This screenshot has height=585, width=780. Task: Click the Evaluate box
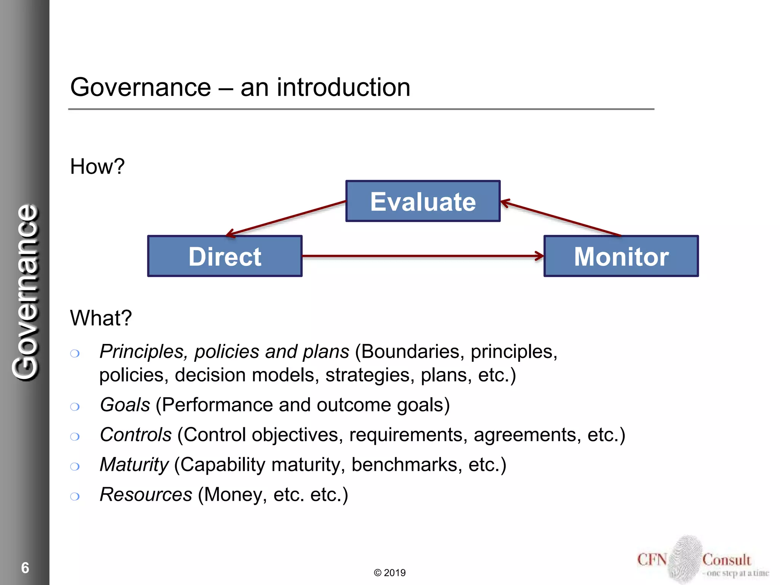[x=423, y=201]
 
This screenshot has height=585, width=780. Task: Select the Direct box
[x=225, y=256]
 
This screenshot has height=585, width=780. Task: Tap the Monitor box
[x=621, y=256]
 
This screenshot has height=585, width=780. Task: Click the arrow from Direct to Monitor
[x=423, y=256]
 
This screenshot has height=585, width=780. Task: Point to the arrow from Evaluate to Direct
[x=286, y=217]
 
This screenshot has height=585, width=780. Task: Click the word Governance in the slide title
[x=140, y=88]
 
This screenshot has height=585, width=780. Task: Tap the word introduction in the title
[x=343, y=88]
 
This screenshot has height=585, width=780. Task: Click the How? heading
[x=97, y=166]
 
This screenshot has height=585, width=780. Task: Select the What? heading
[x=101, y=318]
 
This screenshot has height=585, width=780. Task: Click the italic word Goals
[x=125, y=404]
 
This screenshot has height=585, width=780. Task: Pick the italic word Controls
[x=136, y=435]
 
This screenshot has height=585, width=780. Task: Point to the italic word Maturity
[x=134, y=465]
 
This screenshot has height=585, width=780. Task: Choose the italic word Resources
[x=146, y=495]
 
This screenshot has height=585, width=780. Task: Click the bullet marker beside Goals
[x=75, y=407]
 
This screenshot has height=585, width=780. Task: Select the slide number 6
[x=25, y=567]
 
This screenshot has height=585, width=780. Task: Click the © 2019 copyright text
[x=390, y=572]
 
